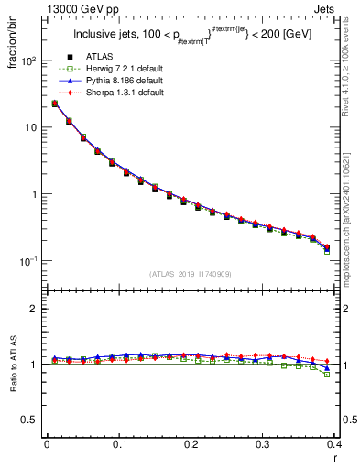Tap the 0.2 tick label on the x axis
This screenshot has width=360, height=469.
191,445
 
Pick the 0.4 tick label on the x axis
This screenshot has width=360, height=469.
334,445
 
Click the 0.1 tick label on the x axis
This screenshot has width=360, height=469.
119,445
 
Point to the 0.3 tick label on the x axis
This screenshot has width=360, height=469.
263,445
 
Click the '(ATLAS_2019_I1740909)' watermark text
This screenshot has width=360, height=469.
190,274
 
